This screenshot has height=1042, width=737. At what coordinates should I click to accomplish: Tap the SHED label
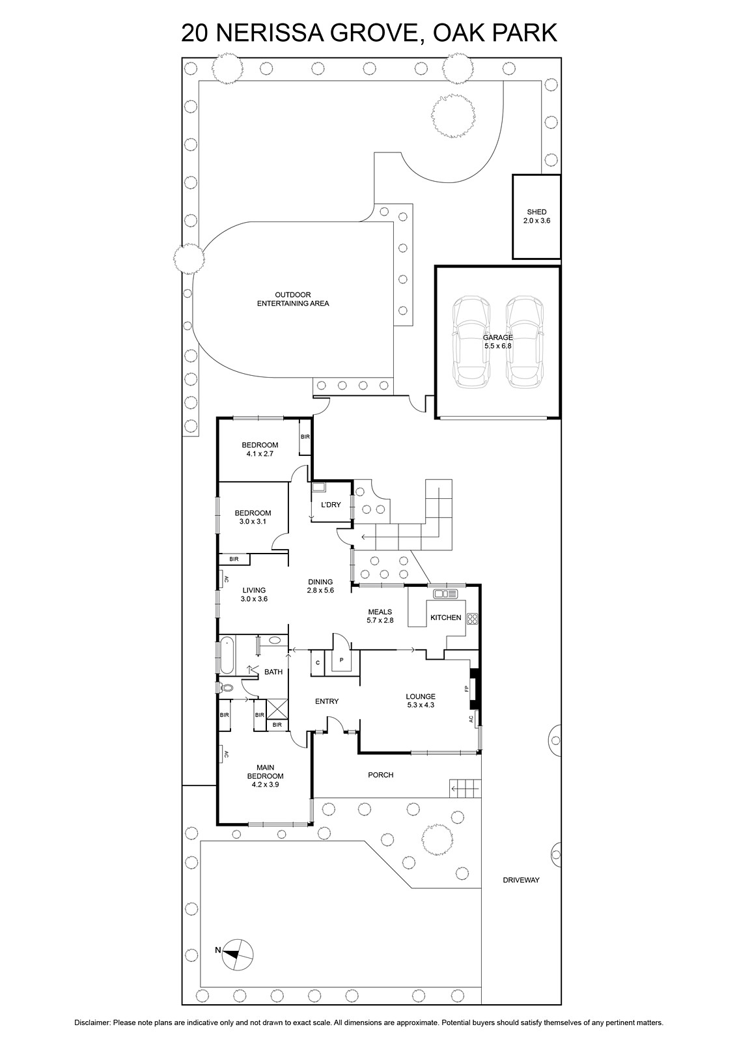[x=536, y=212]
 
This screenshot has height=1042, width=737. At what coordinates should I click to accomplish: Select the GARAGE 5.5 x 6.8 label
[x=497, y=341]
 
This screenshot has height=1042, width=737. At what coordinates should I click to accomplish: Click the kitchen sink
[x=445, y=593]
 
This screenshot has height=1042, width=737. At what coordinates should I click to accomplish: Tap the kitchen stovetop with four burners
[x=472, y=619]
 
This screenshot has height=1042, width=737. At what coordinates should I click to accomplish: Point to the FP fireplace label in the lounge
[x=466, y=688]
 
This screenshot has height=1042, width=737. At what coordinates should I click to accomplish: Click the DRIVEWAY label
[x=521, y=880]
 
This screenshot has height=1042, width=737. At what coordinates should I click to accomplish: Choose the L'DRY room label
[x=331, y=504]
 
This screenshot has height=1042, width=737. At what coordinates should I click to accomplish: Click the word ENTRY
[x=327, y=701]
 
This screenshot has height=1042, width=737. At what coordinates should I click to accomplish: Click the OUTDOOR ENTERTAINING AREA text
[x=293, y=299]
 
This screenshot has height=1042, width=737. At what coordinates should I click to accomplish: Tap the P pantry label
[x=341, y=660]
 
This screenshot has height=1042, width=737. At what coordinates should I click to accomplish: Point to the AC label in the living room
[x=227, y=580]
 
